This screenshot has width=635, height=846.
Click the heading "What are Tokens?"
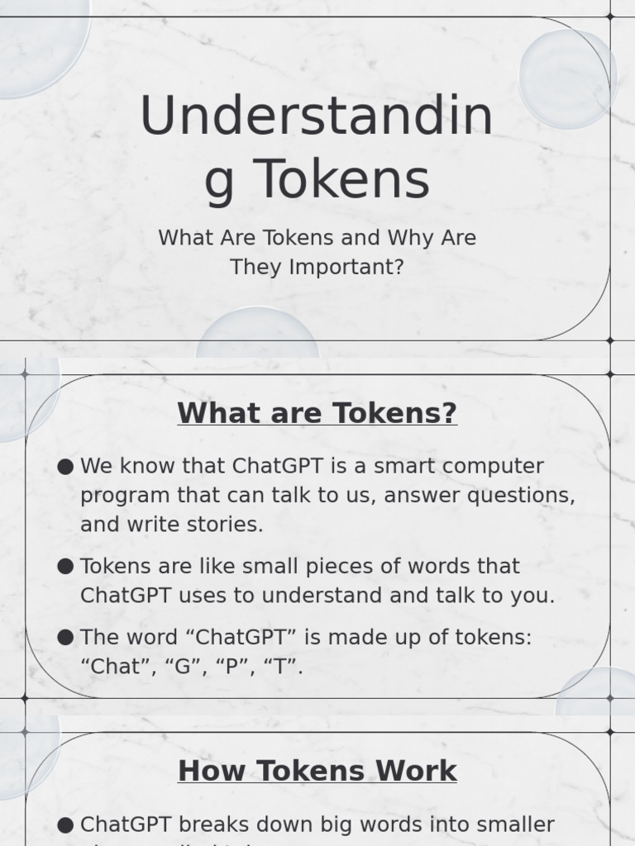click(317, 412)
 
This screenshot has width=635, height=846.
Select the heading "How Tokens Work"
click(317, 771)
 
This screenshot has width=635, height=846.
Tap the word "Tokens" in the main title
click(341, 180)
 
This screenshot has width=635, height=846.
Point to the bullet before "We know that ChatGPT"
click(66, 467)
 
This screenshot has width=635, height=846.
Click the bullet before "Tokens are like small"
click(66, 567)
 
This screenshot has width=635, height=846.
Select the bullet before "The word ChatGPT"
click(66, 638)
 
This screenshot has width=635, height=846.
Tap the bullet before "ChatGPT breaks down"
click(66, 825)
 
